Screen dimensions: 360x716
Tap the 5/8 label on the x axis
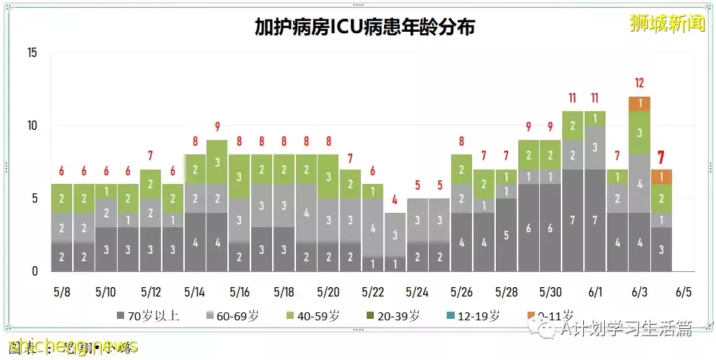(x=62, y=293)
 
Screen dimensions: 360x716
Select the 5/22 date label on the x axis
(x=373, y=293)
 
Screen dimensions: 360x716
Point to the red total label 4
(x=395, y=199)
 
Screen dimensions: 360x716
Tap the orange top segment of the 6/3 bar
(x=639, y=103)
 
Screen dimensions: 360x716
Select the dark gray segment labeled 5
(x=506, y=234)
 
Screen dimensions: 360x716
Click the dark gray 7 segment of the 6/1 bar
(x=595, y=220)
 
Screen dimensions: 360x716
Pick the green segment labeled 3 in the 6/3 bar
(x=639, y=133)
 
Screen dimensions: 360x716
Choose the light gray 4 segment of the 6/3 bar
(x=639, y=183)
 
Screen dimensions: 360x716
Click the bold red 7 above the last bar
(x=661, y=157)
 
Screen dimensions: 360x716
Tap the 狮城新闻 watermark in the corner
(x=666, y=23)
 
